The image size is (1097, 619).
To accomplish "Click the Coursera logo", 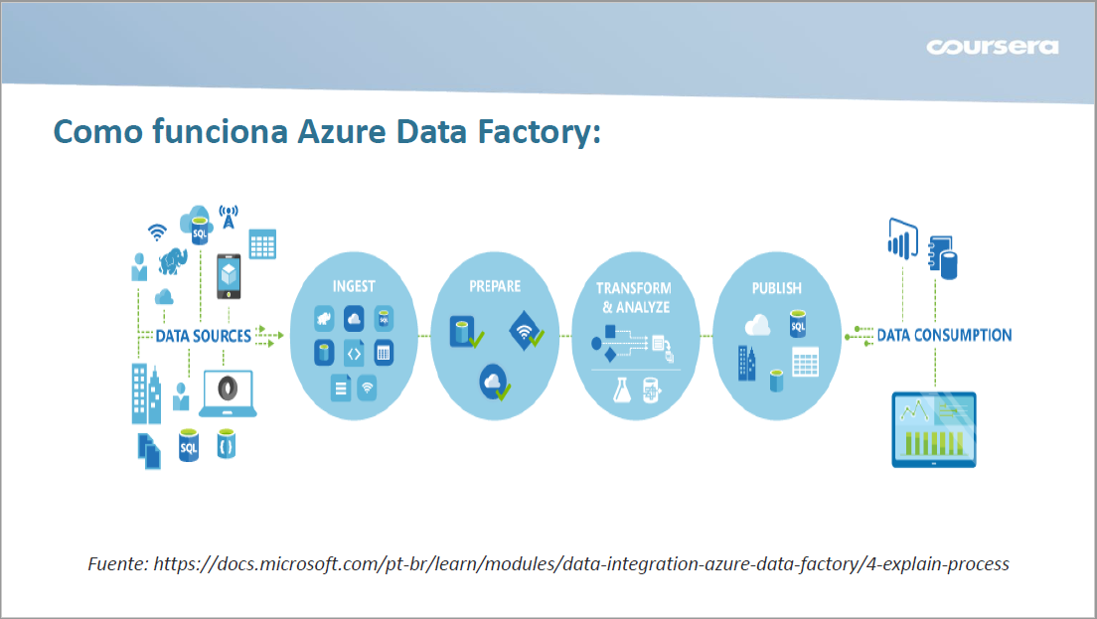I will [x=992, y=47].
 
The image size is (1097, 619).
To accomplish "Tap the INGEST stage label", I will [x=354, y=286].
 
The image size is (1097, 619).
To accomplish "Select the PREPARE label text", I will [x=495, y=286].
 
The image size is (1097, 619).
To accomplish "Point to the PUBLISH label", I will [x=776, y=288].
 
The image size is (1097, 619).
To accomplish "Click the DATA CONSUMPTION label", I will [x=944, y=336].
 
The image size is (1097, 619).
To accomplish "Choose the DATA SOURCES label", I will [x=203, y=336].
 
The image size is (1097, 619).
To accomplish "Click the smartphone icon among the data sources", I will [x=230, y=274].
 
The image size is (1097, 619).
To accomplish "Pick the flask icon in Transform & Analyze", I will [x=623, y=388].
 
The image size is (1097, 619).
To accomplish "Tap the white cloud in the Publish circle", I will [x=757, y=324].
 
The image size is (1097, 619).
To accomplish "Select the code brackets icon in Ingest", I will [x=354, y=352].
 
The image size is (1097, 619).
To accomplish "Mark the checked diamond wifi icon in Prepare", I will [x=527, y=332].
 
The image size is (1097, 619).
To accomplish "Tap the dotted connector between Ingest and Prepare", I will [x=425, y=336].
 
